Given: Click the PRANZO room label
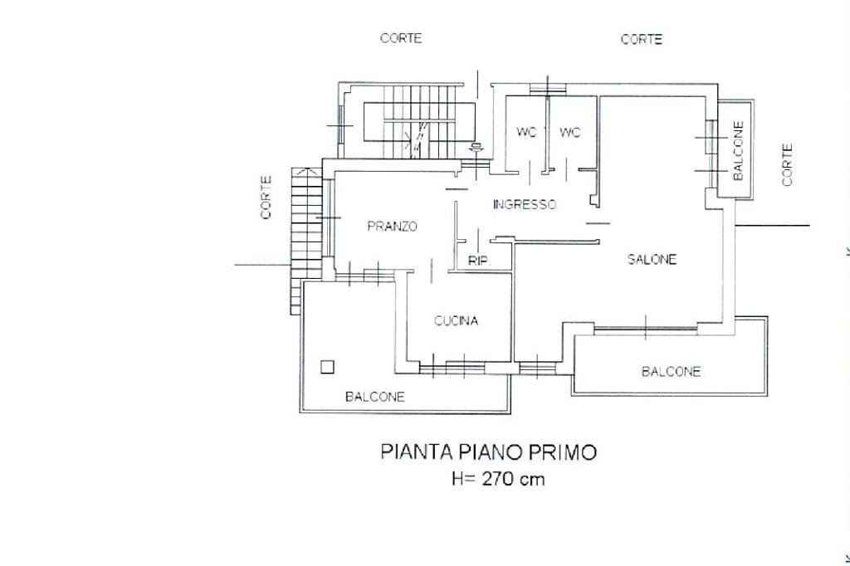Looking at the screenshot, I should pos(392,226).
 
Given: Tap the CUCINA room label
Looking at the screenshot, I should pos(457,321).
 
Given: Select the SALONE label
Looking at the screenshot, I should pos(652,259).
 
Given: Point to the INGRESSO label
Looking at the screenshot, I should pos(524,204).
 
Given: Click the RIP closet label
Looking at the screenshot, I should pos(478,261).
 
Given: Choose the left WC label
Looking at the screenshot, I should pos(527,132).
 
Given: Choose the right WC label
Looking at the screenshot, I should pos(569,132).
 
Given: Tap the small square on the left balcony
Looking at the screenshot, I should pos(329,366).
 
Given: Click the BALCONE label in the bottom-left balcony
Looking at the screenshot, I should pos(375,397).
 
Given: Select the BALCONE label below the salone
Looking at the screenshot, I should pos(671,371).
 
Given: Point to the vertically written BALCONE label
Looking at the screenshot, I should pos(738,151).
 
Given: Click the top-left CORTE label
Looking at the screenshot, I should pos(401,38).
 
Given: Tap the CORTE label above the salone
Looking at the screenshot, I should pos(642,39).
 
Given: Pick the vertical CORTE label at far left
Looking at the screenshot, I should pos(266,197).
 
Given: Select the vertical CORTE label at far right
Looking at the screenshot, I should pos(787,164).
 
